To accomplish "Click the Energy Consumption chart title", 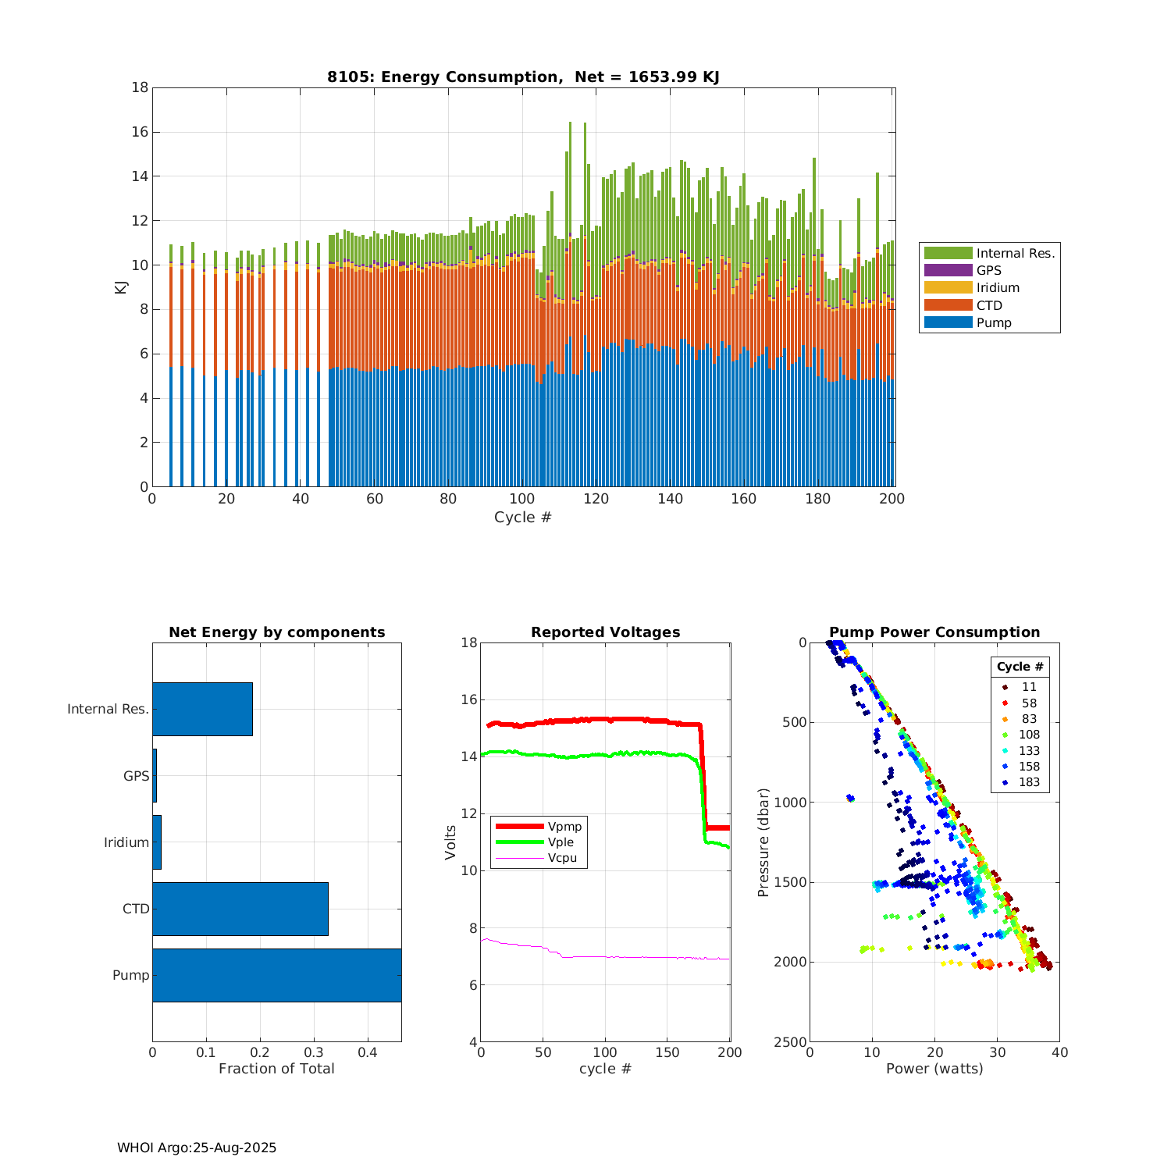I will pos(523,77).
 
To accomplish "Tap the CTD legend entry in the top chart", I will pos(989,305).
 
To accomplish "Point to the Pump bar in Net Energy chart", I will pos(276,975).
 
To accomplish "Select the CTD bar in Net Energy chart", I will pos(240,909).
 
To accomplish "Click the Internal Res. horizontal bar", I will pos(202,709).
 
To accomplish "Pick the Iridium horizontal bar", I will pos(157,842).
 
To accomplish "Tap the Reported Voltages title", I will pos(605,632).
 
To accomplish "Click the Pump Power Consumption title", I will pos(934,632).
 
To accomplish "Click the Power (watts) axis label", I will pos(934,1069).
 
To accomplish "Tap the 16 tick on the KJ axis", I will pos(140,132).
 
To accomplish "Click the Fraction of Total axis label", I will pos(276,1069).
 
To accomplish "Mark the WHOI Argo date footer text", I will pos(197,1148).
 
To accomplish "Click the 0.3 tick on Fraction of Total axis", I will pos(314,1052).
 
